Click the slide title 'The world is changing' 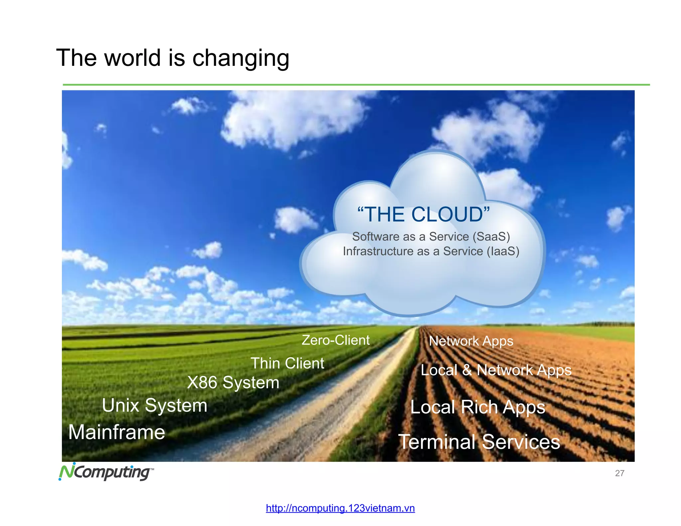pos(173,58)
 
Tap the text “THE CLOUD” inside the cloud pos(423,214)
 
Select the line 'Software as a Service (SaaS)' pos(431,236)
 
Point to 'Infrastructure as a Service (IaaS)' pos(431,251)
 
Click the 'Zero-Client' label pos(336,340)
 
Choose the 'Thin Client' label pos(287,363)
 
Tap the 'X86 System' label pos(233,382)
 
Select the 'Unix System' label pos(155,406)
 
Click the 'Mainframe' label pos(117,432)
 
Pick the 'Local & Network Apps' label pos(496,370)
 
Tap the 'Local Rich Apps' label pos(478,407)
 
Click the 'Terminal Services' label pos(479,442)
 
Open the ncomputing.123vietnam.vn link pos(340,508)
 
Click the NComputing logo pos(106,472)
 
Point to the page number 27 pos(619,473)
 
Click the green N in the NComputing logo pos(66,471)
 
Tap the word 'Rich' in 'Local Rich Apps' pos(479,407)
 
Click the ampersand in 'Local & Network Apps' pos(467,370)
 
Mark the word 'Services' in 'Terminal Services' pos(521,442)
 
